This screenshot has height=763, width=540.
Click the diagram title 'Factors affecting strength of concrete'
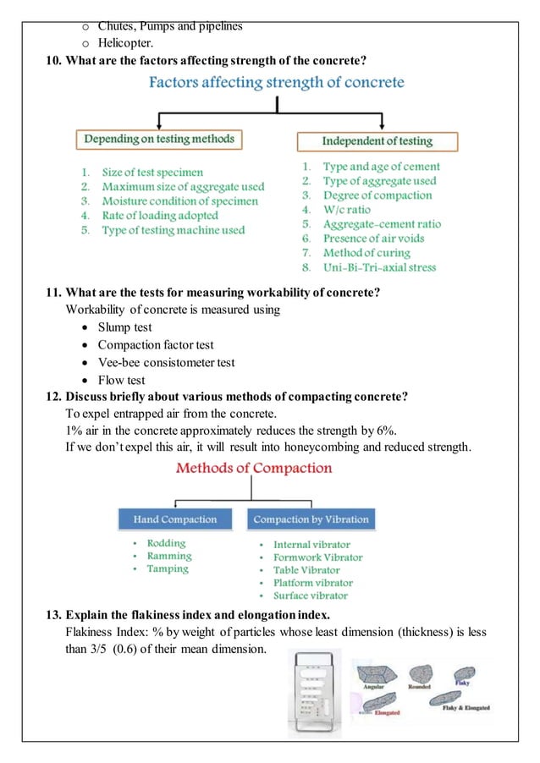pos(277,83)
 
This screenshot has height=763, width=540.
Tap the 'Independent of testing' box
pos(377,140)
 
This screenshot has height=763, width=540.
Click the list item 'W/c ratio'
pos(347,209)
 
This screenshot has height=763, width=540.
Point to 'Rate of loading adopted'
pos(160,215)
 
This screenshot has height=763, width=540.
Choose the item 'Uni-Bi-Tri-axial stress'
pos(380,266)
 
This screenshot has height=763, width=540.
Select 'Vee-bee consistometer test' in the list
pos(166,362)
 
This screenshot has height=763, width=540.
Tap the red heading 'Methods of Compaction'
pos(253,468)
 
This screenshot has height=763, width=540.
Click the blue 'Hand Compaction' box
pos(175,519)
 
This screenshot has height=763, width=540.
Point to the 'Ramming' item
pos(169,556)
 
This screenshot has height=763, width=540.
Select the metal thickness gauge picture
pos(313,692)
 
